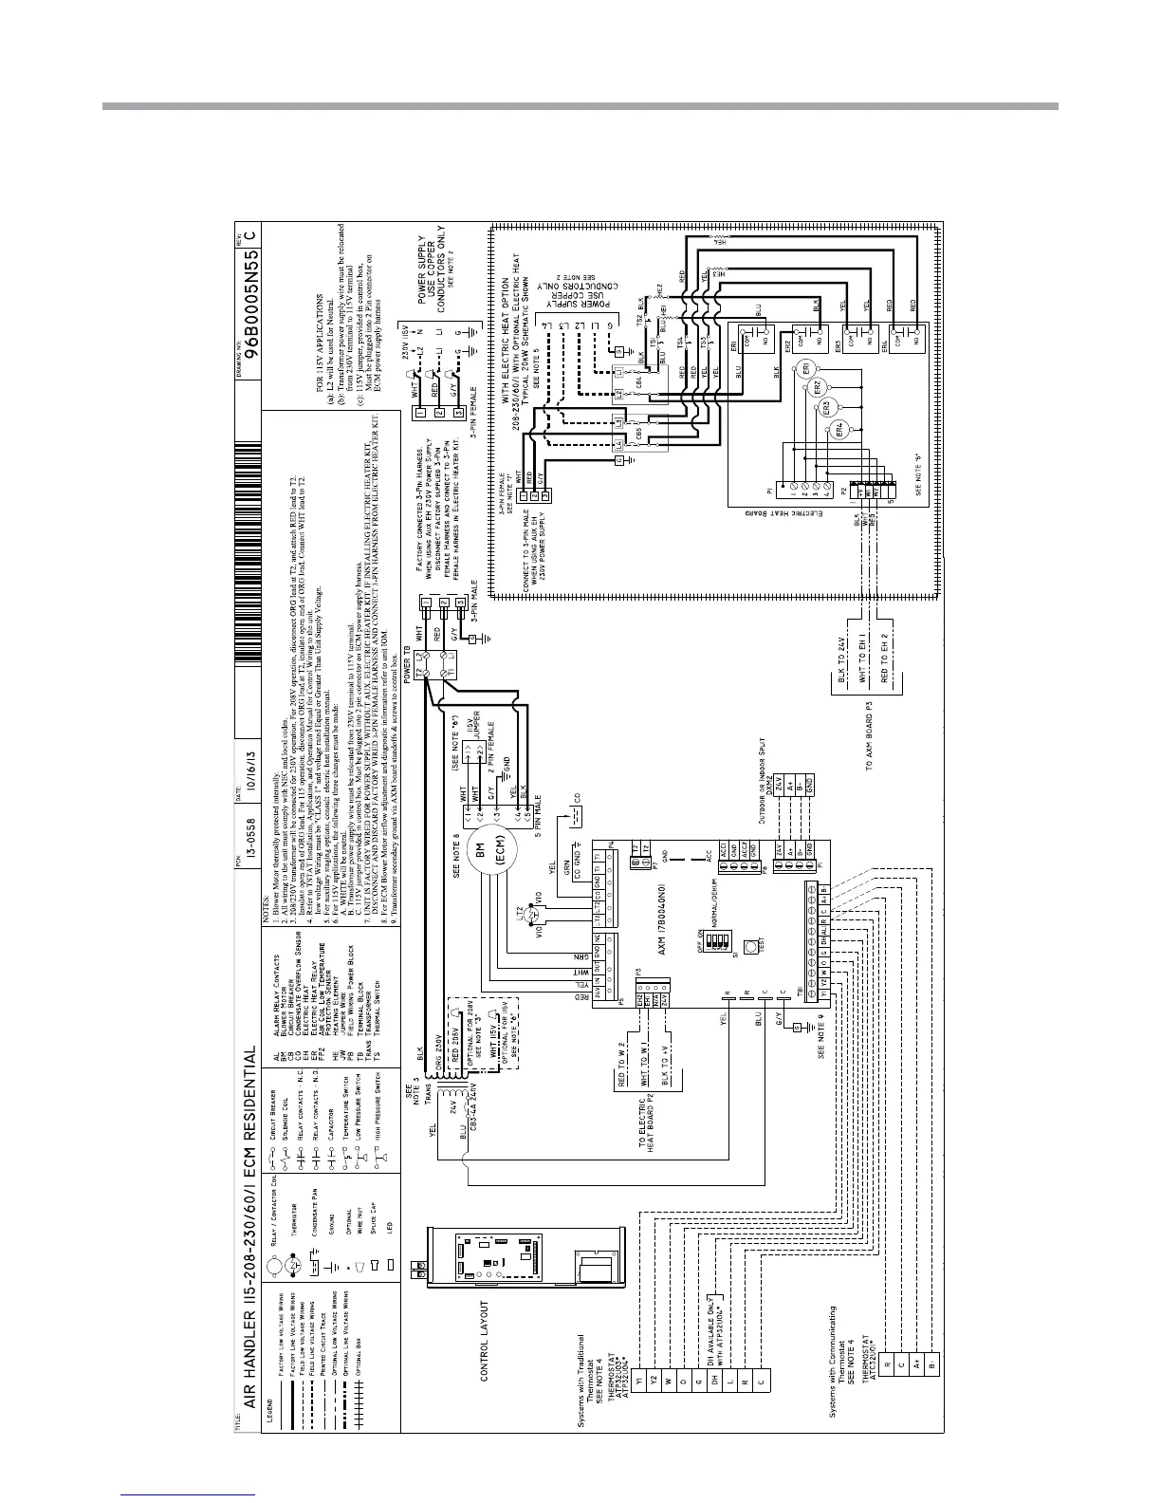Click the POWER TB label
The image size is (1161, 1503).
[x=409, y=665]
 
